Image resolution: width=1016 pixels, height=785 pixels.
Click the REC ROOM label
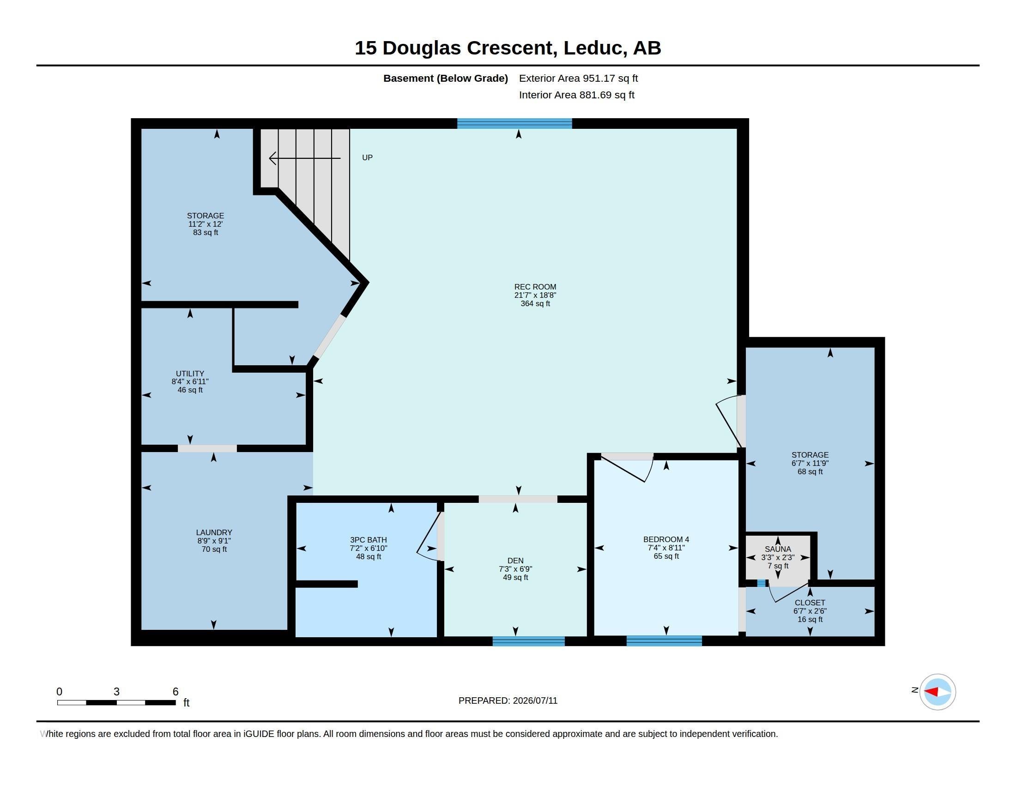pos(535,287)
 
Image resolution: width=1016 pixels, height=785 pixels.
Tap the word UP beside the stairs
pos(367,157)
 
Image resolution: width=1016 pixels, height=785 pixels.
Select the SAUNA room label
pos(777,549)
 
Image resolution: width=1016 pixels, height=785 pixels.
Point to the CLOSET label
pos(810,603)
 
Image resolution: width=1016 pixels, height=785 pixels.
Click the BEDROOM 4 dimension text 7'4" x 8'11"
pos(666,548)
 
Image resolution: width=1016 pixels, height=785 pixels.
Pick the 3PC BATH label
pos(369,540)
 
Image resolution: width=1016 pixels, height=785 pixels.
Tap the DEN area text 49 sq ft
pos(515,578)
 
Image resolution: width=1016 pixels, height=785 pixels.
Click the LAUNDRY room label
pos(214,532)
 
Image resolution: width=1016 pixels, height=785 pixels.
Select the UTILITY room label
pos(190,374)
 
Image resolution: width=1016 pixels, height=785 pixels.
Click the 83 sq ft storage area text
pos(206,233)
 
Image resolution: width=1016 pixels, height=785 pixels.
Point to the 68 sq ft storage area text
pos(810,471)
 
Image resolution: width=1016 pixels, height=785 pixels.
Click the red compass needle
pos(931,692)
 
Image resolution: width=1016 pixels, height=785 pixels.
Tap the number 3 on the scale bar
pos(116,692)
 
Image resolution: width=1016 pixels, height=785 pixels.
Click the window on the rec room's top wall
pos(514,123)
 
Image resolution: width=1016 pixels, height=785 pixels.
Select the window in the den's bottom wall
pos(528,641)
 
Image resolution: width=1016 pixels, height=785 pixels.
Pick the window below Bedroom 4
pos(664,641)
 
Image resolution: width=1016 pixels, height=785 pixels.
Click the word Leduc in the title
pos(593,48)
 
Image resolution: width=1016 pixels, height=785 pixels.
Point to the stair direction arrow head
pos(272,158)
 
